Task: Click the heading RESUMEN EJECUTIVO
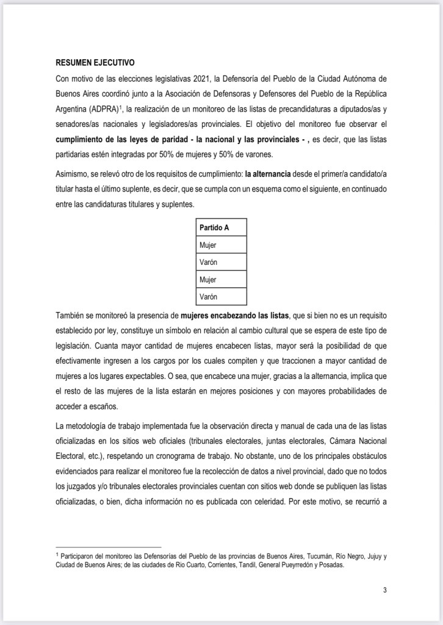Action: pos(95,63)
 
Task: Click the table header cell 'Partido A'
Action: pos(214,228)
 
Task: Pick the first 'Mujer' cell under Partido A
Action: pos(208,245)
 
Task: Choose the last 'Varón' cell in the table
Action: pos(209,297)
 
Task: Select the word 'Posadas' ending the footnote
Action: pos(331,565)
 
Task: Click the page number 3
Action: pos(385,590)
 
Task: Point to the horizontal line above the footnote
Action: pos(109,547)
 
